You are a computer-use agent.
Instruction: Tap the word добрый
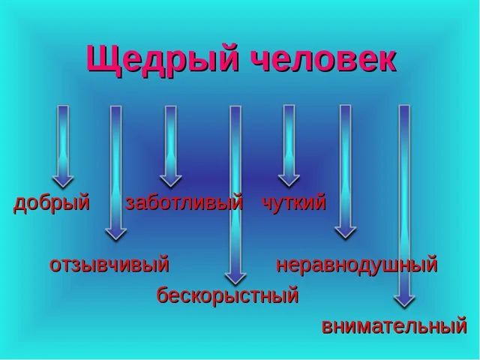tap(52, 202)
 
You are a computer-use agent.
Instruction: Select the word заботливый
tap(184, 202)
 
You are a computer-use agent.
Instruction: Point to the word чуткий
tap(293, 202)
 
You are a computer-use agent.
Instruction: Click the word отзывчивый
tap(109, 264)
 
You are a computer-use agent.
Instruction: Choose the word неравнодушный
tap(357, 264)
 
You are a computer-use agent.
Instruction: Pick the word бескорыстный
tap(227, 295)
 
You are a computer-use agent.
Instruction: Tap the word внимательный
tap(394, 326)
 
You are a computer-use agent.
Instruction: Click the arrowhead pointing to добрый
tap(63, 181)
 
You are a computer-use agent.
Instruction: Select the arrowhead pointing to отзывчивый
tap(115, 233)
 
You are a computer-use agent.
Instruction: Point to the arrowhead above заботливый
tap(171, 181)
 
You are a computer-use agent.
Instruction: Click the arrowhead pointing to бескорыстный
tap(235, 277)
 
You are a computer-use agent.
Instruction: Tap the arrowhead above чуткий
tap(289, 180)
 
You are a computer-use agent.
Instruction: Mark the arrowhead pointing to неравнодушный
tap(345, 232)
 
